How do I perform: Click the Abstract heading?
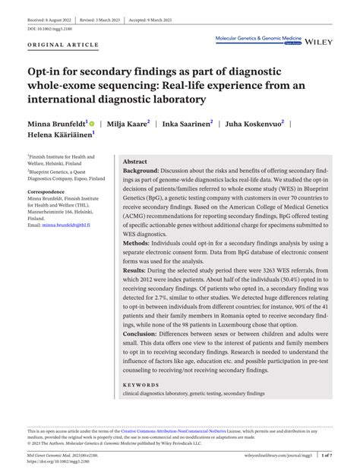[x=134, y=162]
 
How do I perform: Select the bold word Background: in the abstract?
[x=143, y=172]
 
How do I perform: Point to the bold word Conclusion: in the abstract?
[x=141, y=355]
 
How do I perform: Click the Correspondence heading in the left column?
[x=46, y=192]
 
